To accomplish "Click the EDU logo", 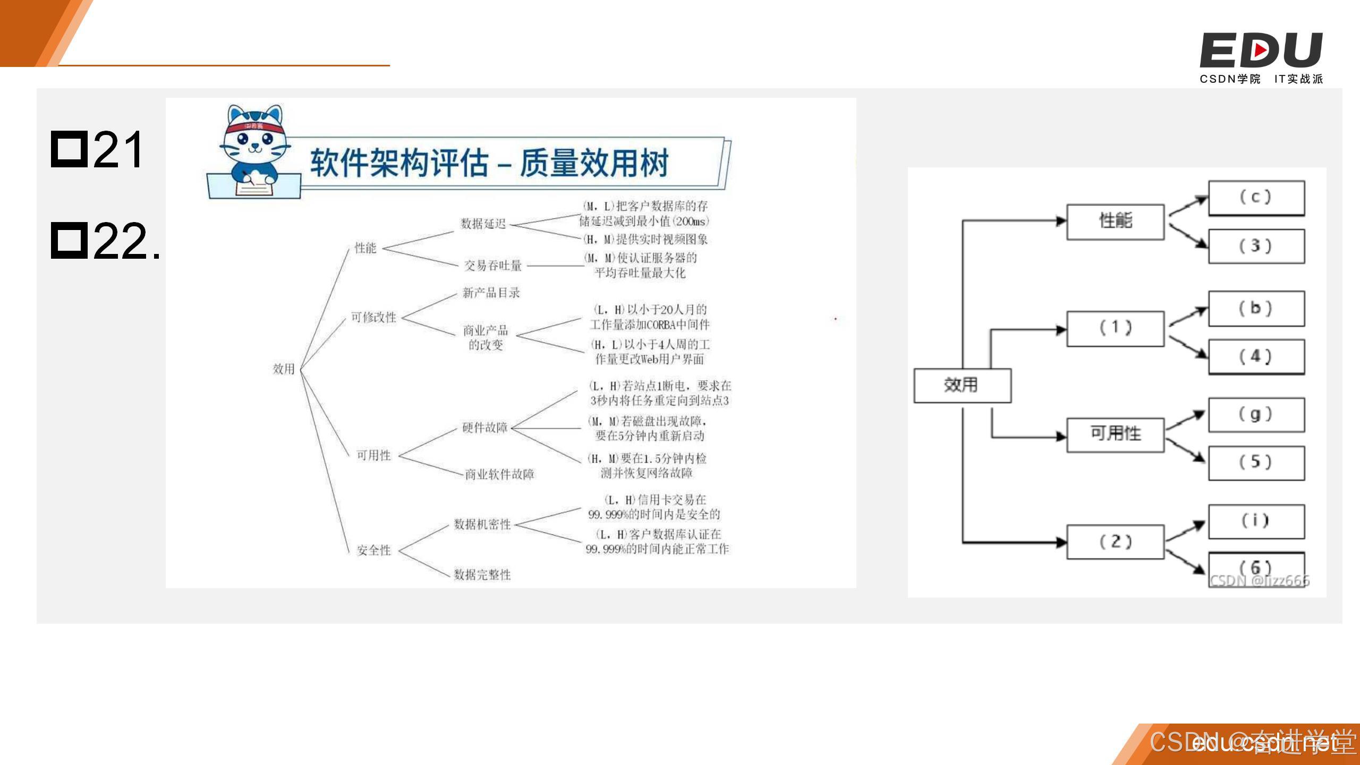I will (1261, 50).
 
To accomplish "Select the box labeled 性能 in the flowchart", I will (1115, 221).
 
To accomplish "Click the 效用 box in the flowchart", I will (962, 385).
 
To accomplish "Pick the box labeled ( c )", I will (1256, 198).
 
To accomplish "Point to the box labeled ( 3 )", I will (1256, 246).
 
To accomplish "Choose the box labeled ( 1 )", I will (1115, 328).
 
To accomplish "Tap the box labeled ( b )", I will (1256, 309).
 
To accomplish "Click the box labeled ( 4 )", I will (1256, 357).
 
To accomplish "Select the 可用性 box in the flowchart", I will (1115, 434).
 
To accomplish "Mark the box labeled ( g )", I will (1256, 414).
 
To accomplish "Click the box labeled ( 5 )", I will (1256, 462).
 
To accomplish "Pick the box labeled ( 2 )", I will (1115, 542).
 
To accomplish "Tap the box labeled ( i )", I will (1256, 521).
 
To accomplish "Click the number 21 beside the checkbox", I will (118, 150).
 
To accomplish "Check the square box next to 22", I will (69, 241).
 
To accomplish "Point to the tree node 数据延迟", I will (483, 224).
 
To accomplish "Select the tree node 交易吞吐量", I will (492, 266).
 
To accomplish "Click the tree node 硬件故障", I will (484, 428).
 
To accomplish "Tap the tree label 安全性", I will (373, 550).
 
